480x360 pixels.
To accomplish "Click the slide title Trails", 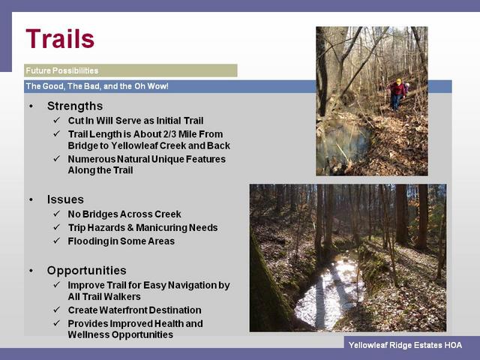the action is [x=60, y=38].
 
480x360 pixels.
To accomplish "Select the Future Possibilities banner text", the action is [x=61, y=70].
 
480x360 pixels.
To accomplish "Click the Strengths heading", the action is [x=75, y=106].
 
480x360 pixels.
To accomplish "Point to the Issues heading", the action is [x=65, y=199].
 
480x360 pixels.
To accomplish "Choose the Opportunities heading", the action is [x=87, y=270].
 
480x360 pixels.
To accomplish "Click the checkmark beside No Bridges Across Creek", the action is [x=57, y=213].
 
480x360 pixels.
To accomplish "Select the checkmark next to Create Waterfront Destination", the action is [x=57, y=310].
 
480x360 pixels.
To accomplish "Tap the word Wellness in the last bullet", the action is [x=88, y=334].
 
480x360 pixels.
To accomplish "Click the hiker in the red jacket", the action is [x=397, y=94].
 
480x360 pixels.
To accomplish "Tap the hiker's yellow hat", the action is [x=398, y=82].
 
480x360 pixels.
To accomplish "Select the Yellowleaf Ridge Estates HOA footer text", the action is [x=405, y=345].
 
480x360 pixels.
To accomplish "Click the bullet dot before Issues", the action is [x=31, y=199].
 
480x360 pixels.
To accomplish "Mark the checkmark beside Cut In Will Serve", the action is [x=57, y=120].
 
